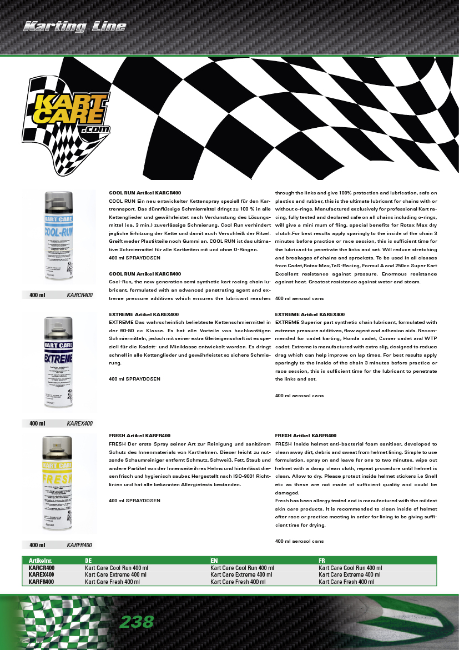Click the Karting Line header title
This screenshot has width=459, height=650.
(x=74, y=27)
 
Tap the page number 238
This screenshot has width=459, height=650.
(x=137, y=622)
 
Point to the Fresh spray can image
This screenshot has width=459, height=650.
(x=58, y=483)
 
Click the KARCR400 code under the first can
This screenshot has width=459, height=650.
(x=79, y=295)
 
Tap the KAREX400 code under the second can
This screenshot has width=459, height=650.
(x=79, y=423)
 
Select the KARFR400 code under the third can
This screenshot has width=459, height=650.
(x=79, y=545)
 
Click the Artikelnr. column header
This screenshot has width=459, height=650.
(x=41, y=561)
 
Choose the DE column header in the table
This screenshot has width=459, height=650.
(x=88, y=561)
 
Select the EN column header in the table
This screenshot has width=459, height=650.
(x=214, y=561)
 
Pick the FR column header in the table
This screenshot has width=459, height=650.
(x=322, y=561)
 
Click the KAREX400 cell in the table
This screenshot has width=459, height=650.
(x=42, y=575)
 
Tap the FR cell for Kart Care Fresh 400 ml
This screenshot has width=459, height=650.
(x=346, y=582)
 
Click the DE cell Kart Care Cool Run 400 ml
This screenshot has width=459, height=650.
(x=117, y=568)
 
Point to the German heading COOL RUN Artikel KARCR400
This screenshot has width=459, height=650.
(x=145, y=192)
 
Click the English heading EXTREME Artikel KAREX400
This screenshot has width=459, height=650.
(x=310, y=314)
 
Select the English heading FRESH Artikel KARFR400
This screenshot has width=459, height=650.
(x=306, y=436)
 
